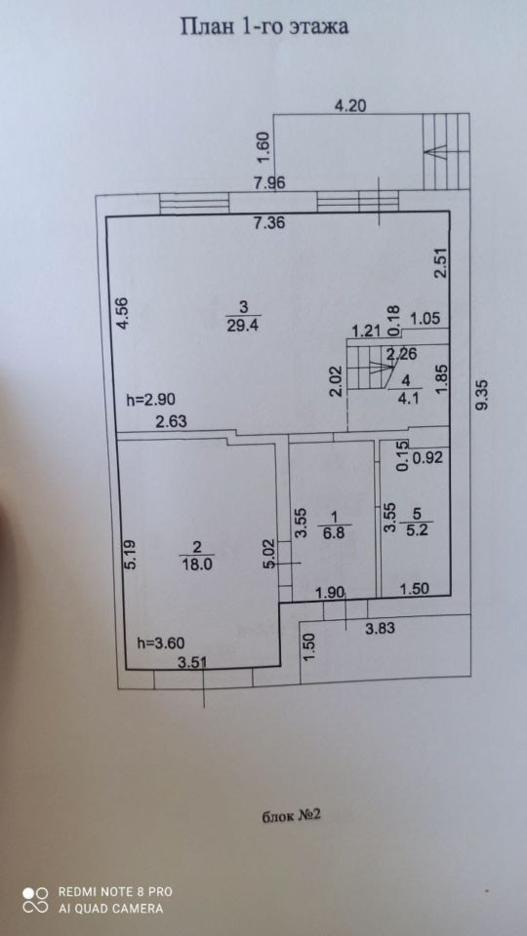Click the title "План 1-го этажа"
point(264,27)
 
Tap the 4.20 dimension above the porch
point(350,106)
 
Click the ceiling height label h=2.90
point(150,399)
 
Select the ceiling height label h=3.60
point(161,643)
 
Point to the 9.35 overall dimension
point(483,395)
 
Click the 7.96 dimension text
point(269,183)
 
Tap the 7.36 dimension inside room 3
point(269,224)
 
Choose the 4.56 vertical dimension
point(123,313)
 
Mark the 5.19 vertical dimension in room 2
point(132,555)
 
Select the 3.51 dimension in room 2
point(194,661)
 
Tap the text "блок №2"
point(292,816)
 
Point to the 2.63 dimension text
point(172,421)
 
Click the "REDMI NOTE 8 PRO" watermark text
point(115,892)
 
